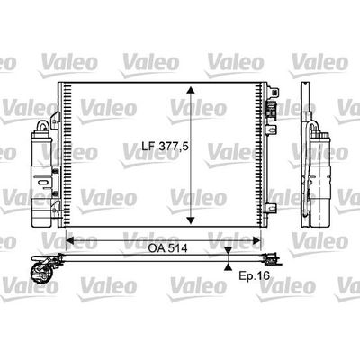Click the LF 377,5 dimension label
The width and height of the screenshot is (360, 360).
(165, 146)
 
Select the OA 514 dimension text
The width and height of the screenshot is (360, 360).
(167, 248)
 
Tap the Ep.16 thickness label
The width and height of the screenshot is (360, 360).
(255, 275)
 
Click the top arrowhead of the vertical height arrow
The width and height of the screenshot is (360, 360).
(191, 90)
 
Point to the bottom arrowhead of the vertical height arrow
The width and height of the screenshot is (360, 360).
(191, 220)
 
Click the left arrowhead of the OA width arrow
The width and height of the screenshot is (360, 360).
(69, 240)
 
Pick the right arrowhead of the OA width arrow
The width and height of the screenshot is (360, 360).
(257, 240)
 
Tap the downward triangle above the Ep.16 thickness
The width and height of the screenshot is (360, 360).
(229, 250)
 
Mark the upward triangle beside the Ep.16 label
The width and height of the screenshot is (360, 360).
(229, 266)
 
